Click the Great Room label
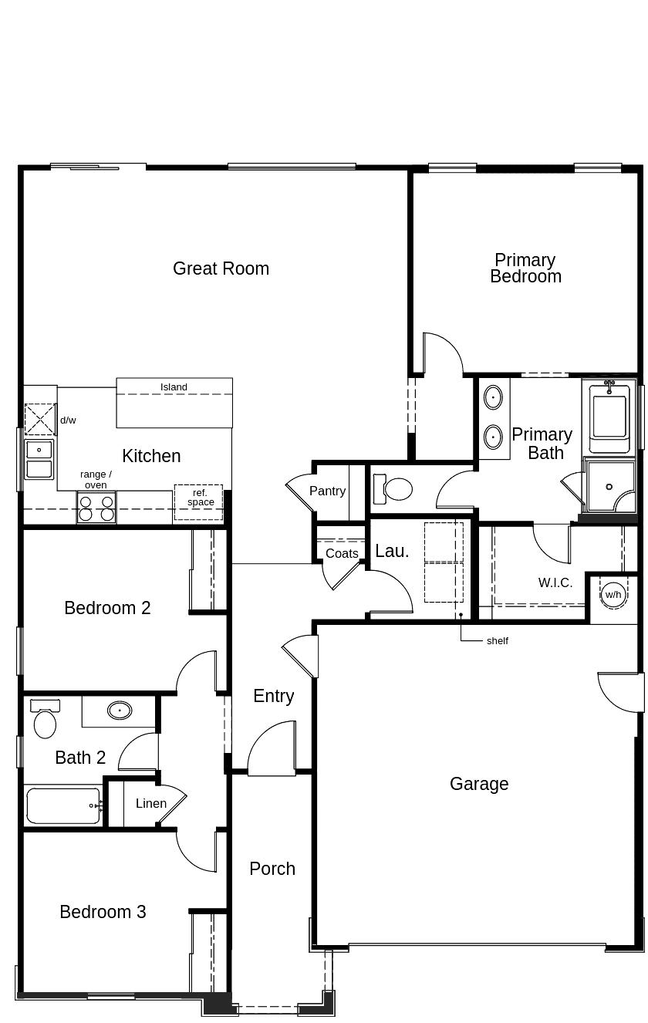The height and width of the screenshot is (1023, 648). pyautogui.click(x=221, y=268)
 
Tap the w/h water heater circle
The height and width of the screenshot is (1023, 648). pyautogui.click(x=613, y=595)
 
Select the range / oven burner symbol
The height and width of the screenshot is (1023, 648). pyautogui.click(x=96, y=508)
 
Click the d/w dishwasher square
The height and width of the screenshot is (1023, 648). pyautogui.click(x=40, y=419)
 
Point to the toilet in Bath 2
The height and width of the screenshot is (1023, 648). pyautogui.click(x=45, y=718)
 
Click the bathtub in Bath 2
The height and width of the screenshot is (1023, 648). pyautogui.click(x=63, y=805)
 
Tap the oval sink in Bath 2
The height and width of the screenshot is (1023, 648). pyautogui.click(x=120, y=711)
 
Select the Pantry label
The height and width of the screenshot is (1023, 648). pyautogui.click(x=327, y=491)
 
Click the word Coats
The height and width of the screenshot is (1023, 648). pyautogui.click(x=342, y=553)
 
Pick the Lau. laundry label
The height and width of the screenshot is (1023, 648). pyautogui.click(x=392, y=552)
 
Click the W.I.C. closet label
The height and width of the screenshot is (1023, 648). pyautogui.click(x=555, y=582)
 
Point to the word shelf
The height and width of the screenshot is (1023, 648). pyautogui.click(x=498, y=641)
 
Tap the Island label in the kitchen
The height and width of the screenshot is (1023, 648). pyautogui.click(x=174, y=387)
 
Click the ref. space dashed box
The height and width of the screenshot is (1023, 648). pyautogui.click(x=198, y=502)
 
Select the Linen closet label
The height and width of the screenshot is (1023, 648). pyautogui.click(x=151, y=803)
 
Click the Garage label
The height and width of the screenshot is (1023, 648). pyautogui.click(x=479, y=784)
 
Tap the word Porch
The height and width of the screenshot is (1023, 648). pyautogui.click(x=272, y=869)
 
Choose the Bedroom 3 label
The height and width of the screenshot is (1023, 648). pyautogui.click(x=103, y=912)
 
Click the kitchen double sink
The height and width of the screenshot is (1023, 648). pyautogui.click(x=39, y=460)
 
